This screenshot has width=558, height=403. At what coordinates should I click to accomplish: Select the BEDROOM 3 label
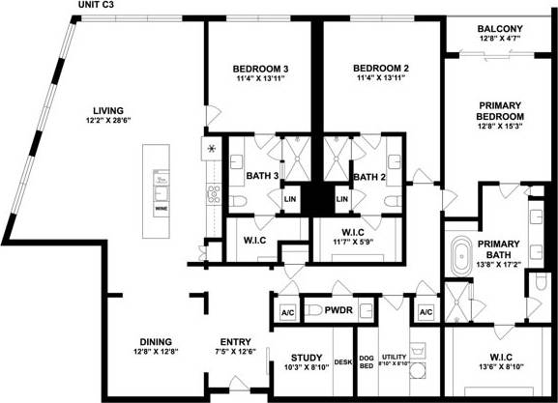(x=261, y=68)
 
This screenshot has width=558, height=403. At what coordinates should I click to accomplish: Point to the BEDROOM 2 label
(x=381, y=68)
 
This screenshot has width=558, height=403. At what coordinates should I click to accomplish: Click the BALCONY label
(x=500, y=30)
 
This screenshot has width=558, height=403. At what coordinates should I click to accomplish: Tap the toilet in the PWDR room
(x=313, y=311)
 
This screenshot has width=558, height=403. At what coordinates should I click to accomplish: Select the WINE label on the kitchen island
(x=161, y=207)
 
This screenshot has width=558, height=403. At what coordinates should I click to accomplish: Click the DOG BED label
(x=367, y=361)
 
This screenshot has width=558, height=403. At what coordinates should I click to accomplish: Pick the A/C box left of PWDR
(x=287, y=312)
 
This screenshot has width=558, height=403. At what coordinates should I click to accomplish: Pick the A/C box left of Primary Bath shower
(x=426, y=312)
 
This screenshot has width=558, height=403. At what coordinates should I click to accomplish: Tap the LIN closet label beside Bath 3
(x=288, y=200)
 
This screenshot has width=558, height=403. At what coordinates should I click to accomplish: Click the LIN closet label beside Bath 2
(x=341, y=200)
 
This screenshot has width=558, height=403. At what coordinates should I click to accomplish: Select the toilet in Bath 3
(x=239, y=200)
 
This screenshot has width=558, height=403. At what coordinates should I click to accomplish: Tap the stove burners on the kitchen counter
(x=212, y=151)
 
